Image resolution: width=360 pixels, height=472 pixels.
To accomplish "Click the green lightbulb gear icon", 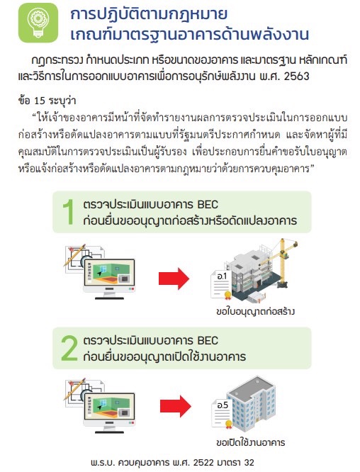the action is tap(38, 23).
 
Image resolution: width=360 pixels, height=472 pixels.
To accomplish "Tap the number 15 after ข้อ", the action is tap(40, 101).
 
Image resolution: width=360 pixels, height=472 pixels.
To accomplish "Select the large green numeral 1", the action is tap(69, 212).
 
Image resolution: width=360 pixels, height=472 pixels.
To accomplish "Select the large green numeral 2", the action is tap(69, 348).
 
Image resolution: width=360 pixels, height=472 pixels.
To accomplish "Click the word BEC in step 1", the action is tap(208, 204).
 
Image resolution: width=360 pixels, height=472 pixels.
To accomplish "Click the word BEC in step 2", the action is tap(208, 340).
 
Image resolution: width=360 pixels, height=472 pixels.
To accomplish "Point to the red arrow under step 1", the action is tap(174, 279).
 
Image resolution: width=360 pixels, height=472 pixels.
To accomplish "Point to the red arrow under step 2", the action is tap(175, 406).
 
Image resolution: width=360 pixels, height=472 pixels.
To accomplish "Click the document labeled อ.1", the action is tap(221, 285).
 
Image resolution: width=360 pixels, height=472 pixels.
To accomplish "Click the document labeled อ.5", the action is tap(222, 413).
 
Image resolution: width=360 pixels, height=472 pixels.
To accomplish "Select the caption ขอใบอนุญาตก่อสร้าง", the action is tap(255, 311).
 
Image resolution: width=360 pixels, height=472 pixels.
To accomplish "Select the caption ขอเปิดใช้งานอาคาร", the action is tap(250, 442).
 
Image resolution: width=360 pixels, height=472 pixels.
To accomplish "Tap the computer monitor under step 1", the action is tap(109, 279).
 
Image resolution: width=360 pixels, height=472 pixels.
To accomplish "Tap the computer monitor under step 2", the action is tap(109, 412).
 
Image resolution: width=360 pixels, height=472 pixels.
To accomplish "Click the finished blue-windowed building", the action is tap(252, 403).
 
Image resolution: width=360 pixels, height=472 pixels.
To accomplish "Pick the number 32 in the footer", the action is tap(249, 462).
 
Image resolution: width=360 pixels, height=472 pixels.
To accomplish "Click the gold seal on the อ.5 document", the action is tap(228, 424).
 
